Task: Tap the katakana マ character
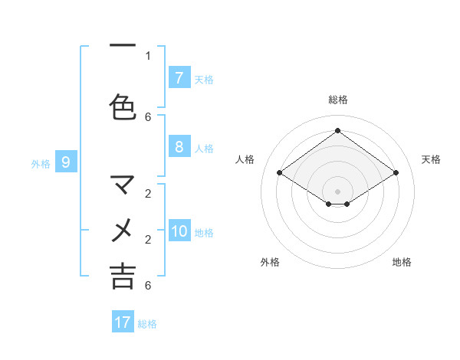click(x=123, y=184)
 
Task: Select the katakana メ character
click(x=123, y=230)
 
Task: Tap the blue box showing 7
click(x=179, y=77)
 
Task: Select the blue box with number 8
click(x=179, y=147)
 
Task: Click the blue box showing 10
click(x=179, y=231)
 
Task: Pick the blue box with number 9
click(x=66, y=162)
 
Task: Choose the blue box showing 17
click(x=123, y=322)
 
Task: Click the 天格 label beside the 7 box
click(x=204, y=79)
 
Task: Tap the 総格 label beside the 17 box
click(x=147, y=324)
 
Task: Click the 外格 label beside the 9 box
click(x=41, y=163)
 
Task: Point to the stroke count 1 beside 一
click(x=148, y=55)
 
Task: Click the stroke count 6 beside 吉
click(x=148, y=286)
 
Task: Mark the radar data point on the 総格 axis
click(x=337, y=131)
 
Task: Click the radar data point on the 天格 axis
click(x=396, y=173)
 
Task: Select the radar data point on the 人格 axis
click(x=279, y=173)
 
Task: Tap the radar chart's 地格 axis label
click(x=402, y=262)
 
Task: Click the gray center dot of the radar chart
click(x=337, y=191)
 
